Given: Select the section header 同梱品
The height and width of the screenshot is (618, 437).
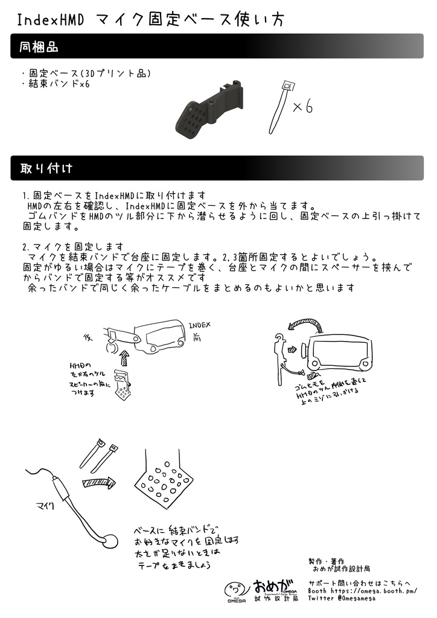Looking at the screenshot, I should click(39, 46).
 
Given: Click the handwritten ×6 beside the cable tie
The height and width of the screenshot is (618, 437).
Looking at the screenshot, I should click(302, 107).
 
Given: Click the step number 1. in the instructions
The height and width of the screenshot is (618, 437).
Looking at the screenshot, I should click(27, 196).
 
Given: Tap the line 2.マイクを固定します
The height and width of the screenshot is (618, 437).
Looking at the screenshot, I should click(73, 247).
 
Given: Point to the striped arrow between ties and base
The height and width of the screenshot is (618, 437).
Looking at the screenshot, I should click(99, 482).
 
